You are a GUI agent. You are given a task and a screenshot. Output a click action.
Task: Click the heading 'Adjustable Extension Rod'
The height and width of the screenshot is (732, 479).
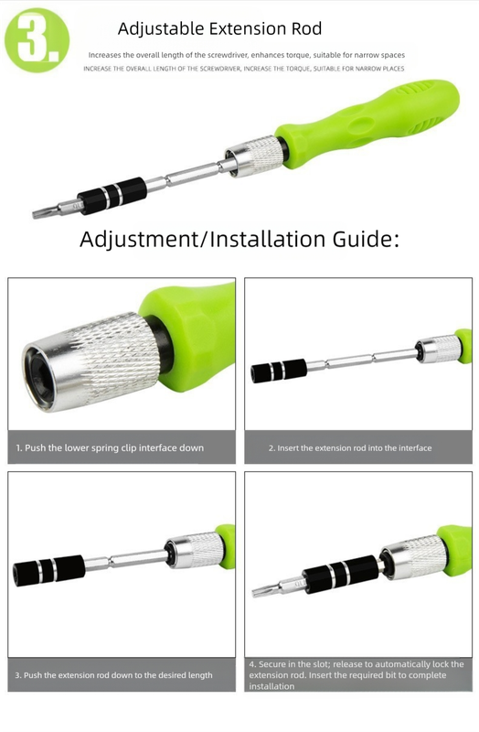(219, 30)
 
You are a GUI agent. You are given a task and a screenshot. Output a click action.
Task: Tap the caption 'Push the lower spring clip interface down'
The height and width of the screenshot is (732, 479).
(110, 447)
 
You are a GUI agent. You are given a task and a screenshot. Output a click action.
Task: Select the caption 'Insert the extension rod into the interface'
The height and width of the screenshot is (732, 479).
(350, 448)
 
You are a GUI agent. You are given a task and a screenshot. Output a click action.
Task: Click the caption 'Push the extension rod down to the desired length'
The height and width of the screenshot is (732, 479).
(114, 675)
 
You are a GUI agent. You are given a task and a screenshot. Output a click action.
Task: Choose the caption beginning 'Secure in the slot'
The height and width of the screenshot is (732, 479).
(356, 675)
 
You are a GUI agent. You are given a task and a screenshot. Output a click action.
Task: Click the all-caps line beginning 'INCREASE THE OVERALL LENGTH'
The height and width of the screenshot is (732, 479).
(243, 69)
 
